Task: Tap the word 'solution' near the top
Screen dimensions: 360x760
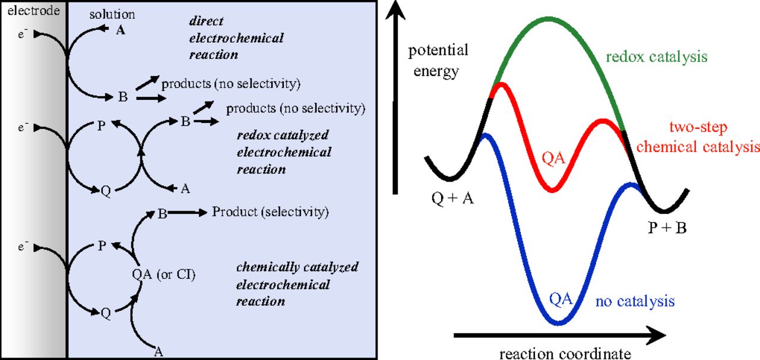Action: point(112,14)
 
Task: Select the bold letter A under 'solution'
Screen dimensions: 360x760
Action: point(121,31)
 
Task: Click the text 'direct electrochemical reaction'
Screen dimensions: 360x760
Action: point(236,38)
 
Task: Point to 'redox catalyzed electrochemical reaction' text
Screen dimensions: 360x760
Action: point(283,152)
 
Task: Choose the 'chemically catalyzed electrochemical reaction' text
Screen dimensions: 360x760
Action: point(297,284)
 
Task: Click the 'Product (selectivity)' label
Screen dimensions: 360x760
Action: point(270,211)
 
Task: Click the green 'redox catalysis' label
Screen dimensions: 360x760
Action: point(657,57)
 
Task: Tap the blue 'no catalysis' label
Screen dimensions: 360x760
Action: point(635,301)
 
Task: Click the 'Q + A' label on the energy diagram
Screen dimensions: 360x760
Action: point(452,199)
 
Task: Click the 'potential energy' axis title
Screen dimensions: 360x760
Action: point(438,61)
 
